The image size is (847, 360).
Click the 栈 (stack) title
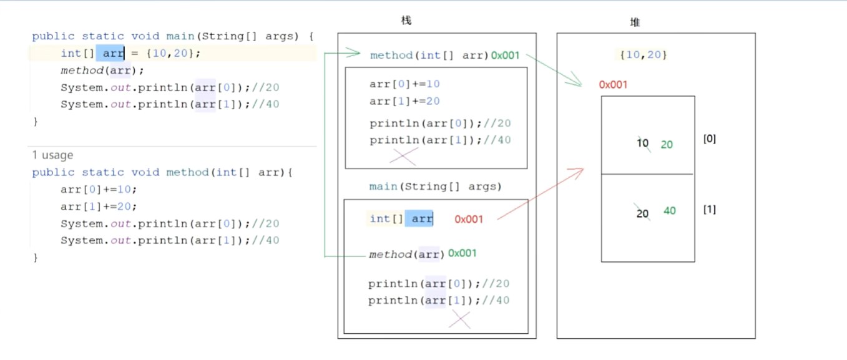(406, 21)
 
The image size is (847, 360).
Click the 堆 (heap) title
(635, 22)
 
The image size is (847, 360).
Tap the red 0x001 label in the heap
(613, 85)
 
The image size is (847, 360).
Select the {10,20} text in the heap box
(644, 55)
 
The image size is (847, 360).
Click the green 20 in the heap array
(667, 145)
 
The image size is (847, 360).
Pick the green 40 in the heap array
(669, 211)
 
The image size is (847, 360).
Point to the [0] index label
(710, 139)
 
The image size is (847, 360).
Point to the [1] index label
(710, 209)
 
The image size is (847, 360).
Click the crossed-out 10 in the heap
(643, 144)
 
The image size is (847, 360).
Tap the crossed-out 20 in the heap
(643, 213)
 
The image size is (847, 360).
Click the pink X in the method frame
(403, 156)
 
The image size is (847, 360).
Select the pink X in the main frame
(460, 319)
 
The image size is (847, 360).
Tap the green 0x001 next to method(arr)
(463, 253)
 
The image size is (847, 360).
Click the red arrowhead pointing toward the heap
(578, 170)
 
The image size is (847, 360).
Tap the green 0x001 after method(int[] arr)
(506, 55)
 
